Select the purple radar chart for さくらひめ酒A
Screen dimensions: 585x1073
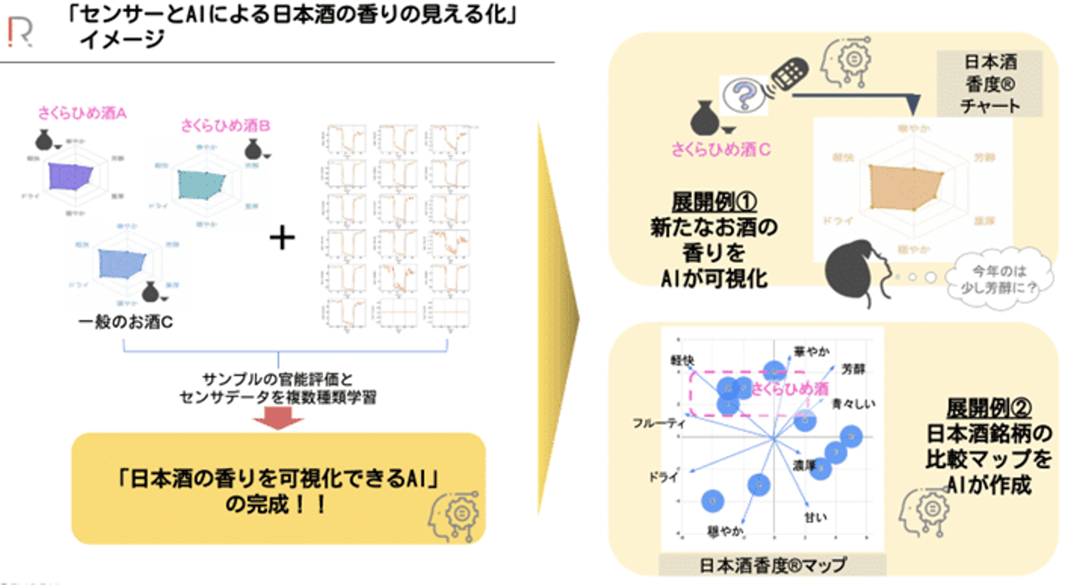(72, 177)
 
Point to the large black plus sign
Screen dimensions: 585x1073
(282, 238)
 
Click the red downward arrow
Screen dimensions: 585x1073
(278, 420)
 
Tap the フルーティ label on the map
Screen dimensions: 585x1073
(658, 423)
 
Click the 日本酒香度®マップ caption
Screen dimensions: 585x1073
(773, 565)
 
